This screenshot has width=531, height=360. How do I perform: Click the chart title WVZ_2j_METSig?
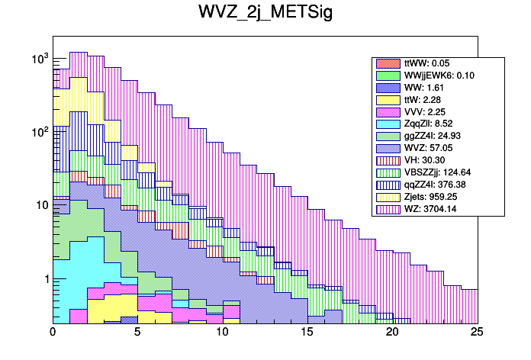coord(265,14)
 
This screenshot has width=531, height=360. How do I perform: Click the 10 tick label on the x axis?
coord(222,333)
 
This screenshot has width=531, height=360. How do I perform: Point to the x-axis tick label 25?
coord(477,333)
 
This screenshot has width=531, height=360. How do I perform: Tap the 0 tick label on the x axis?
coord(53,333)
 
